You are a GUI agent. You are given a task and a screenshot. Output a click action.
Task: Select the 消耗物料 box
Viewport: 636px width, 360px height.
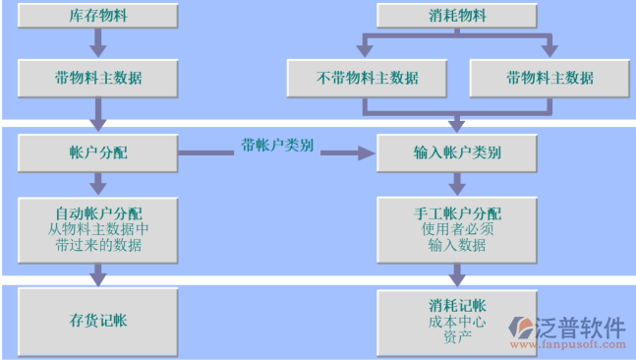[457, 16]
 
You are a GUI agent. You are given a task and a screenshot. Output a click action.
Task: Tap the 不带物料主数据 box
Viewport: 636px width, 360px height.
[367, 78]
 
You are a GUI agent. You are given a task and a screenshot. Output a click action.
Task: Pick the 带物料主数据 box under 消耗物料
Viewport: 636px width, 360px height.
[549, 78]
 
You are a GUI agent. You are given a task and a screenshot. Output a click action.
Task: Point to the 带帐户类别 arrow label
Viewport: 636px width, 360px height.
[277, 146]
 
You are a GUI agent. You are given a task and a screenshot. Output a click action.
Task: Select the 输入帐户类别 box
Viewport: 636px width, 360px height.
[457, 153]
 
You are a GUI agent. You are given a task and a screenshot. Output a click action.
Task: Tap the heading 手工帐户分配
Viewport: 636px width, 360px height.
[457, 212]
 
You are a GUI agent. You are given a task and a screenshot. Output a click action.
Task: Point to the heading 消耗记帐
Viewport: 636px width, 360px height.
[457, 305]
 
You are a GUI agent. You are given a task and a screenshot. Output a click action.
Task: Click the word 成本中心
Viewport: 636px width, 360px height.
[457, 321]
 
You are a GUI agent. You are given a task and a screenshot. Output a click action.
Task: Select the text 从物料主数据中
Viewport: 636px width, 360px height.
[98, 228]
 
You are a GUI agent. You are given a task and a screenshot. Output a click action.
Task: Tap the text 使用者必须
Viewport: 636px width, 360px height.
[457, 229]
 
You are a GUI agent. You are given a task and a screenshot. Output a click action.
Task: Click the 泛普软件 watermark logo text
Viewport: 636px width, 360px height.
[580, 328]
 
